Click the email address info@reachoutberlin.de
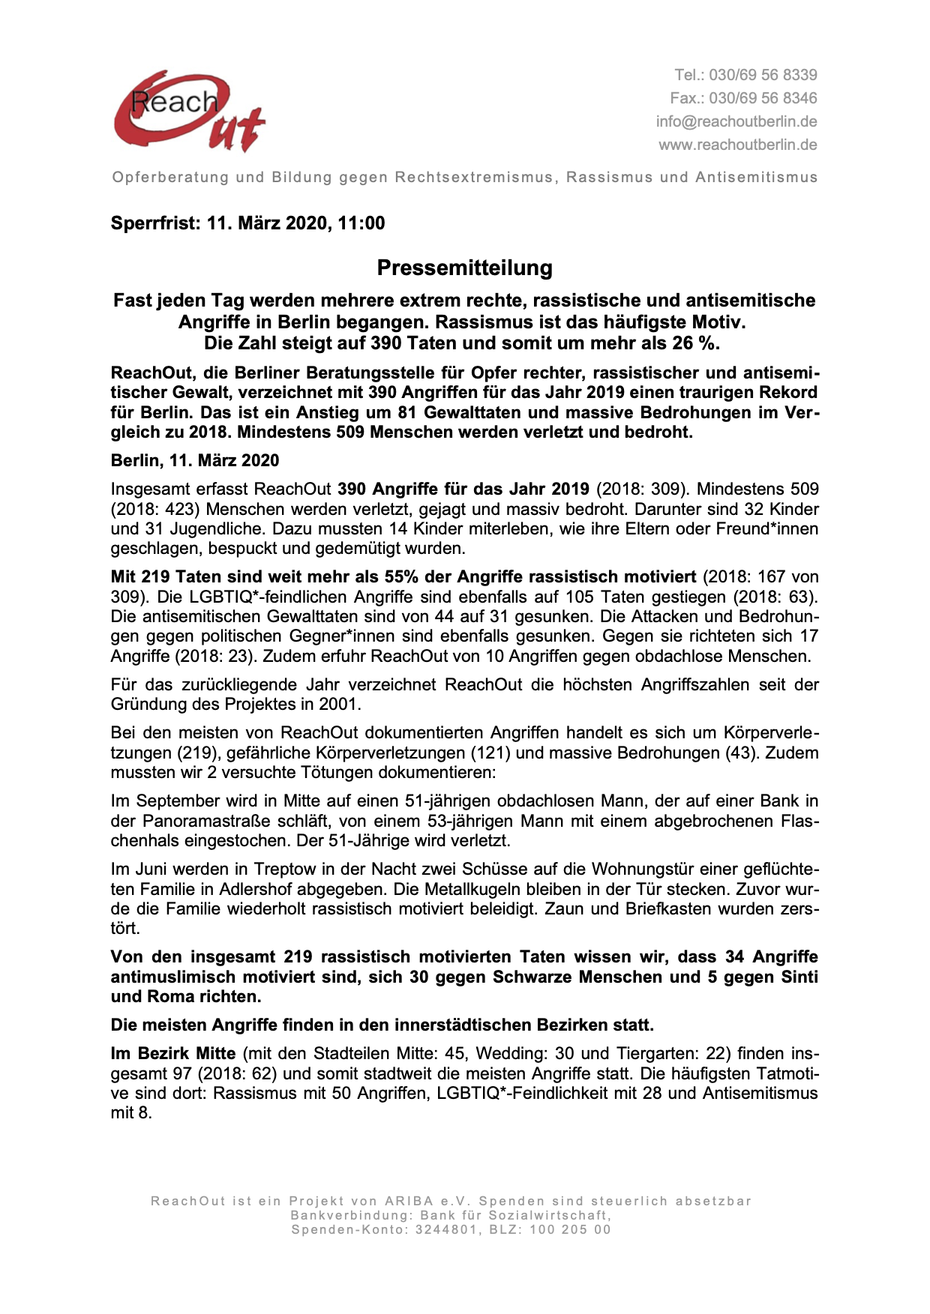pos(736,121)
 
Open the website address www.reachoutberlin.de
pos(737,145)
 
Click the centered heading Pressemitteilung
pos(464,268)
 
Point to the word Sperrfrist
pos(154,223)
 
